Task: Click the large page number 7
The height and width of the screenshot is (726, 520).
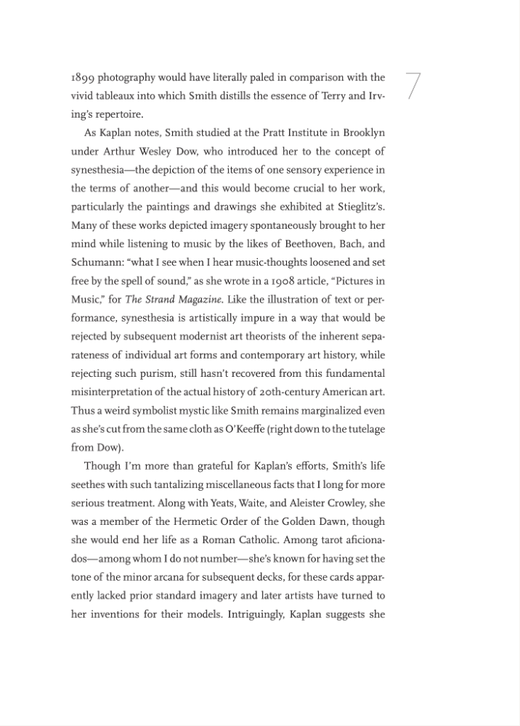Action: pyautogui.click(x=413, y=86)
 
